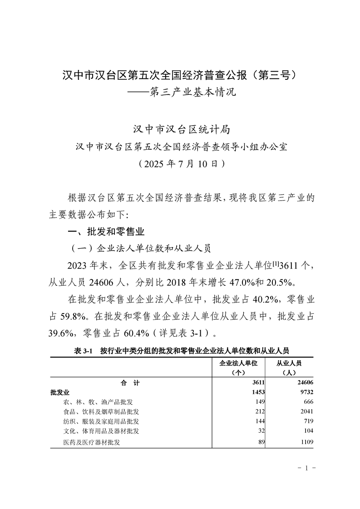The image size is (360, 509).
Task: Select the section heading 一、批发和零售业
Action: point(105,232)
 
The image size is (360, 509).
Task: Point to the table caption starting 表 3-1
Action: point(181,351)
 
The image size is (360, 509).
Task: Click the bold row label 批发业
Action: point(60,392)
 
